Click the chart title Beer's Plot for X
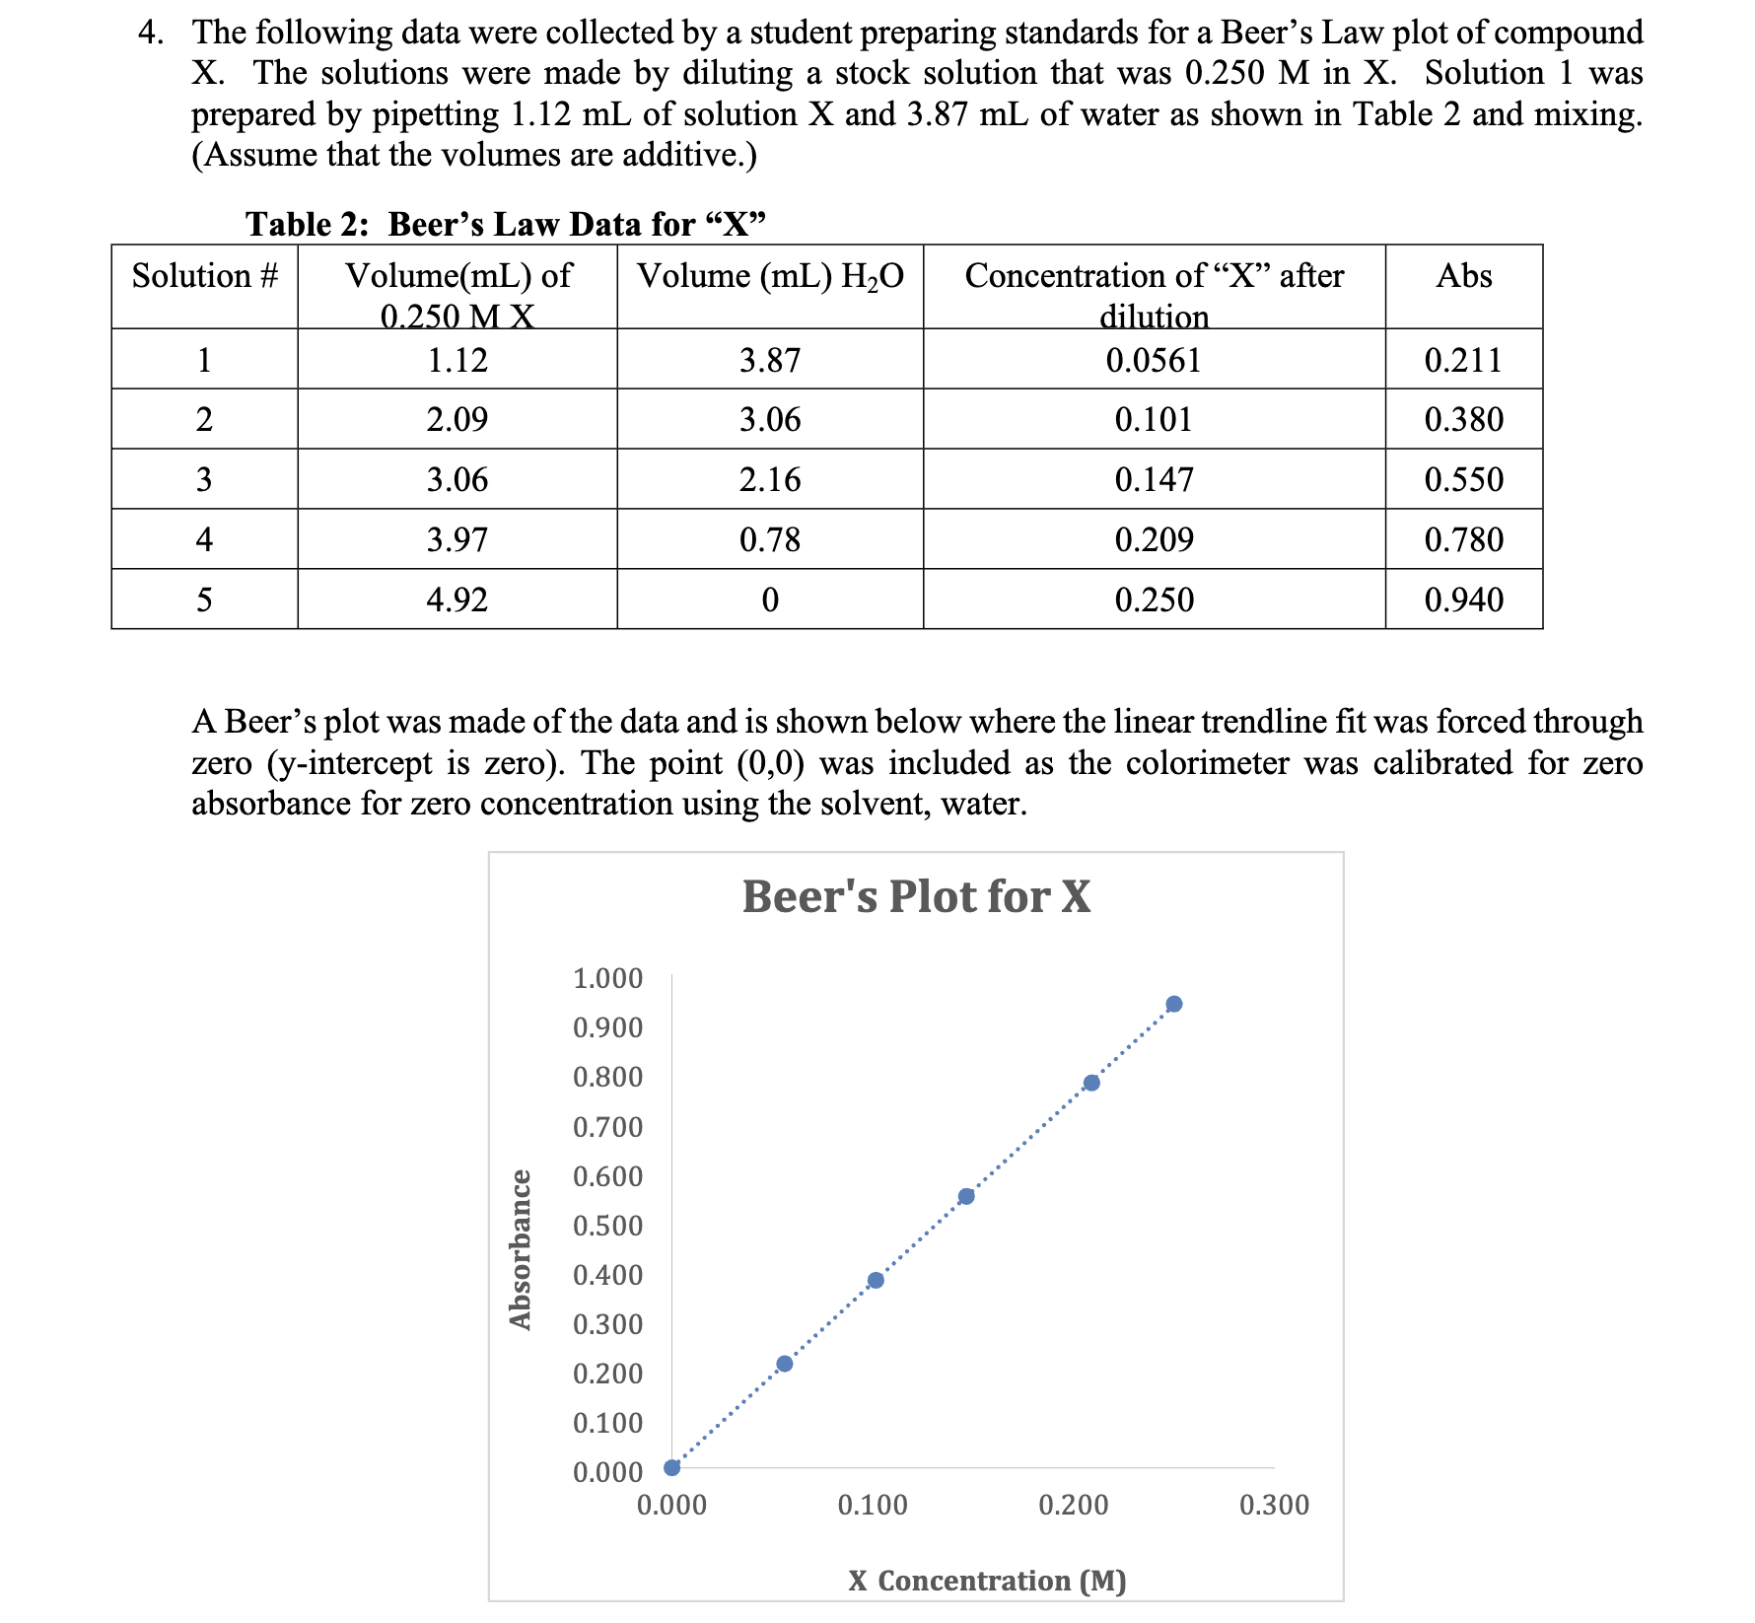916,896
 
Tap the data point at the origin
672,1467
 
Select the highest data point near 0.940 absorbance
1173,1004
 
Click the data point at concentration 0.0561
785,1364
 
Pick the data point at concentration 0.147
966,1196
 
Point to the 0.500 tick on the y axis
607,1226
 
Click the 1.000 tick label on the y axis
607,978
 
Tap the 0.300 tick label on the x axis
1274,1505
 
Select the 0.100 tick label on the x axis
873,1505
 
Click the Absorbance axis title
521,1248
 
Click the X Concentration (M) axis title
987,1581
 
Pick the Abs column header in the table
1463,276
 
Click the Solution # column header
205,276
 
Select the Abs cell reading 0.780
1463,539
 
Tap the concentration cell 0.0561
1154,360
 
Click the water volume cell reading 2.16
770,480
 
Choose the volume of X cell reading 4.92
457,600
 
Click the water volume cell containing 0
770,600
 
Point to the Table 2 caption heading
506,224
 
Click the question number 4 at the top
149,33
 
